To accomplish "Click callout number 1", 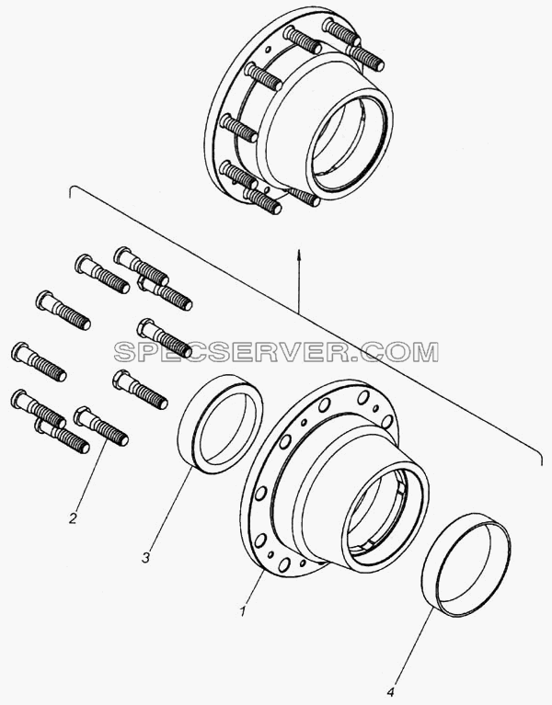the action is pos(244,611).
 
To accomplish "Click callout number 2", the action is pos(73,518).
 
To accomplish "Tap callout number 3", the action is pos(145,558).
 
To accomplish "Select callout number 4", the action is pos(392,689).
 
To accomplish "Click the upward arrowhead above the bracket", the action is pos(298,252).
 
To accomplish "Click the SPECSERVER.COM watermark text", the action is pos(276,352).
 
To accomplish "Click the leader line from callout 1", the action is pos(255,587).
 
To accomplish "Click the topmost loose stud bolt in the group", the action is pos(141,267).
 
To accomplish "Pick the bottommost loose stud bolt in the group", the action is pos(62,436).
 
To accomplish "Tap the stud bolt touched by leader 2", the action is pos(101,426).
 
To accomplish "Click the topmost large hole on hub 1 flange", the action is pos(362,397).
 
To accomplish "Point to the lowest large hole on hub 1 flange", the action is pos(283,564).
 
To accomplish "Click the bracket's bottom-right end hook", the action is pos(538,455).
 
